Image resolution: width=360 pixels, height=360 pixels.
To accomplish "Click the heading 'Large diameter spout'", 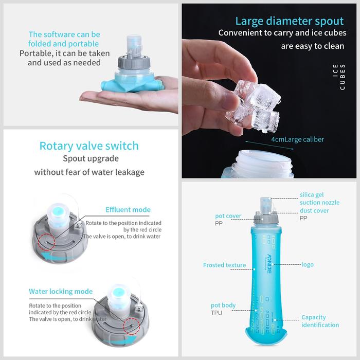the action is point(290,22).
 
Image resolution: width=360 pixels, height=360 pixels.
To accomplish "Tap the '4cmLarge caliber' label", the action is point(298,139).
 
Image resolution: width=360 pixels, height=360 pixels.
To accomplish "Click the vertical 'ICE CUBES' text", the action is point(339,77).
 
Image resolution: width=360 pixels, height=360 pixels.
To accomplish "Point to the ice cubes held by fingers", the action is point(254,105).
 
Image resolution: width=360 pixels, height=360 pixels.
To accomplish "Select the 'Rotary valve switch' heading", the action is point(89,146).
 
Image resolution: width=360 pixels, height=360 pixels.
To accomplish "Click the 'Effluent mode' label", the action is point(128,210).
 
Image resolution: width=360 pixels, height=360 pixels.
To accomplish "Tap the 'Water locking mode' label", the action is point(61,292).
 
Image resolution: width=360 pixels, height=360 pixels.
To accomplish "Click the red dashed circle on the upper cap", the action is point(46,242).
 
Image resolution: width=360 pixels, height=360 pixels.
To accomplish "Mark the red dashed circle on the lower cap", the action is point(131,326).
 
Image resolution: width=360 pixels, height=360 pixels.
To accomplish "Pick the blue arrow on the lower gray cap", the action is point(119,341).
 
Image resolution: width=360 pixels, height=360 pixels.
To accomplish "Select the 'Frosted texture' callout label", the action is point(224,265).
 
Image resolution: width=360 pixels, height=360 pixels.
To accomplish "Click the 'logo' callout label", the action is point(308,265).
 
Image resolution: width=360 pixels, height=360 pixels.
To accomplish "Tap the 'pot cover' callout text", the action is point(228,216).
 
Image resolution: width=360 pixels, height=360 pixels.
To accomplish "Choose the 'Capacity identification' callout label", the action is point(320,321).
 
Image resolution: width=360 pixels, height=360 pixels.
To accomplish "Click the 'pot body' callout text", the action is point(223,305).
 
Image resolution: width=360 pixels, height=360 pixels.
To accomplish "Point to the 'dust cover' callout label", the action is point(314,210).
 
